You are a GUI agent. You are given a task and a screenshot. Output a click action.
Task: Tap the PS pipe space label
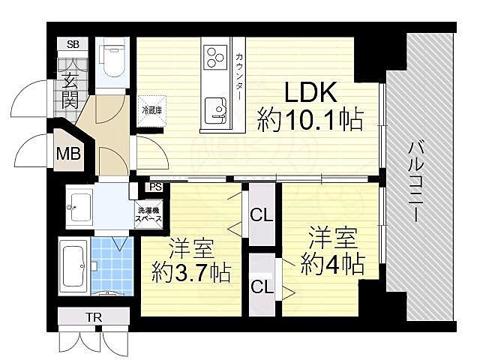click(x=155, y=187)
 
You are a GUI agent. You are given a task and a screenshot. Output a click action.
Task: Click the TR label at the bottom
click(x=94, y=317)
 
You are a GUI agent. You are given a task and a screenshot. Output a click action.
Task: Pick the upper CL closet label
click(x=262, y=216)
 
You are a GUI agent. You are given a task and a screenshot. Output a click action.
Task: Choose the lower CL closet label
click(x=262, y=286)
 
